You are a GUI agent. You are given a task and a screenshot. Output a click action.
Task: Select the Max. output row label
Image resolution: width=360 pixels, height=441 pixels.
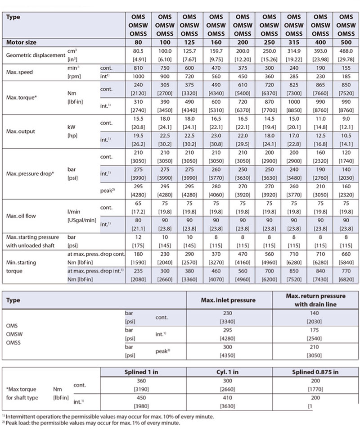tap(20, 132)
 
